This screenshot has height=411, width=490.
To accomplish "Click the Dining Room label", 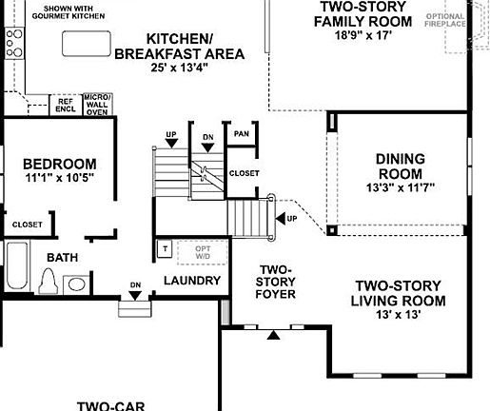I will pyautogui.click(x=399, y=166).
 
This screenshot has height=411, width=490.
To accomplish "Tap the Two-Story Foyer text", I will pyautogui.click(x=276, y=282).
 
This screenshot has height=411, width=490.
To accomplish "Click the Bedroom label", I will pyautogui.click(x=59, y=164).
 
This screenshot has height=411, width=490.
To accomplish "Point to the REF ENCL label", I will pyautogui.click(x=66, y=104).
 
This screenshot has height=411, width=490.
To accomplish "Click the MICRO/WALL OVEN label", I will pyautogui.click(x=97, y=104).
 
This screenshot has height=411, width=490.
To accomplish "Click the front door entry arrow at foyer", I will pyautogui.click(x=274, y=335).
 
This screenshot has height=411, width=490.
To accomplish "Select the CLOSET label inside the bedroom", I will pyautogui.click(x=27, y=225).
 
